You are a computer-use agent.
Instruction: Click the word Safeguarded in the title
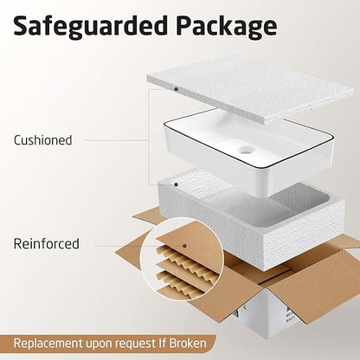point(90,26)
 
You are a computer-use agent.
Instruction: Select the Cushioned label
point(43,140)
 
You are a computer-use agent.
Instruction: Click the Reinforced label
point(46,244)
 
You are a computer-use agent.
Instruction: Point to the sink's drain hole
point(246,150)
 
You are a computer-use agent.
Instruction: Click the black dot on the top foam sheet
point(176,89)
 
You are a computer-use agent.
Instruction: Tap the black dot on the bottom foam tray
point(176,184)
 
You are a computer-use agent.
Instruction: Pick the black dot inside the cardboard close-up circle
point(184,246)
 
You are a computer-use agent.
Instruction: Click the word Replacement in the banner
point(48,344)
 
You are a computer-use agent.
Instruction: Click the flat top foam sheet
point(250,90)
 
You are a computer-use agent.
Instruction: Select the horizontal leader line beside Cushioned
point(115,141)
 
